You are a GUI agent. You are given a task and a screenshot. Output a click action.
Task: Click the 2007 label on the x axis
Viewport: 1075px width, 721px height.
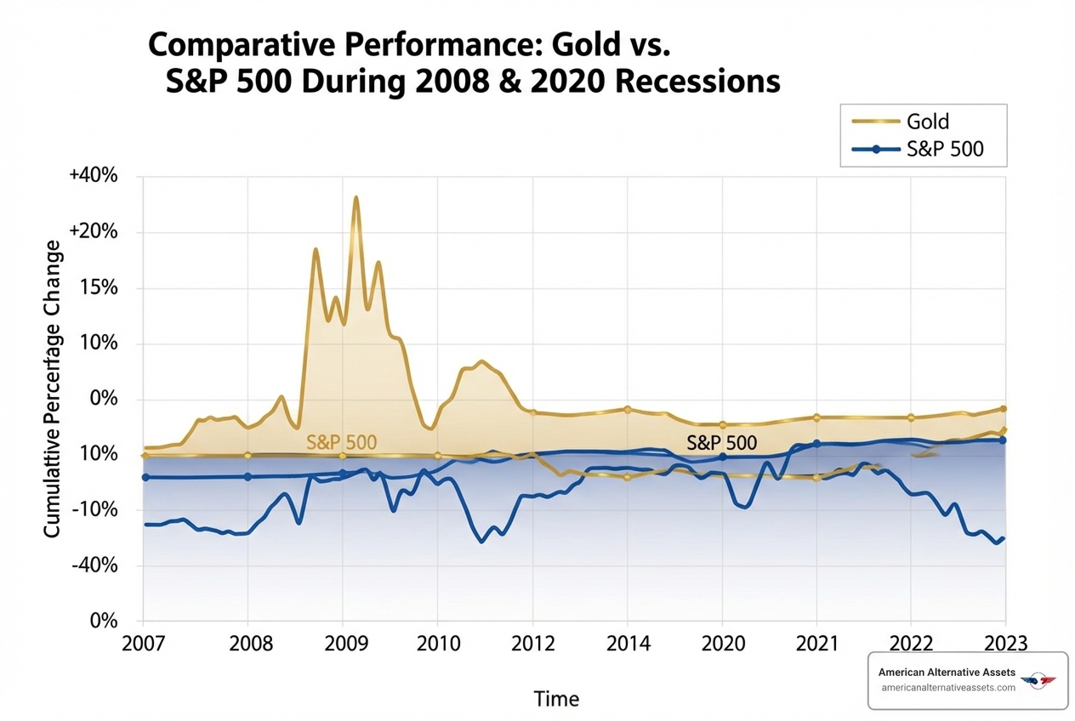[143, 643]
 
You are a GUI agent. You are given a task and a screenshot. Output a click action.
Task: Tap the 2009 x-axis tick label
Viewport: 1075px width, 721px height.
[343, 643]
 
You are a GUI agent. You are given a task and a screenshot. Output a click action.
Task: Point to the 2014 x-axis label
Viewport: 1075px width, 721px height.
[628, 643]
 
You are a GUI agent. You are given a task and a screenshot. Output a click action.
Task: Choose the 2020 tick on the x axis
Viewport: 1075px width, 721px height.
[722, 643]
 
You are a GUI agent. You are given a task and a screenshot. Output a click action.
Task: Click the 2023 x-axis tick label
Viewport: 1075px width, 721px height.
[1006, 643]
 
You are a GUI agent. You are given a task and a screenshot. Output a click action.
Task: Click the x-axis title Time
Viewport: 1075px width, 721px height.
[556, 699]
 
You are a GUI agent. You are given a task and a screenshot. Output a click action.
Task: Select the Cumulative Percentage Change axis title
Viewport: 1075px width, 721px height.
[53, 388]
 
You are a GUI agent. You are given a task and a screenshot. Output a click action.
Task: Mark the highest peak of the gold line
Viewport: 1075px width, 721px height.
[356, 197]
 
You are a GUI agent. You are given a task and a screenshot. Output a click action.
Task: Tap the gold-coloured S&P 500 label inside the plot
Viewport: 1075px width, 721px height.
[341, 442]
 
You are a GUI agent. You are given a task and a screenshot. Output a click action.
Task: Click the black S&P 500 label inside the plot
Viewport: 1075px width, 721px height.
[721, 442]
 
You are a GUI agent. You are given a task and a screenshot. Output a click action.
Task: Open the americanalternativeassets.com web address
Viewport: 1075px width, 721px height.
[948, 688]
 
